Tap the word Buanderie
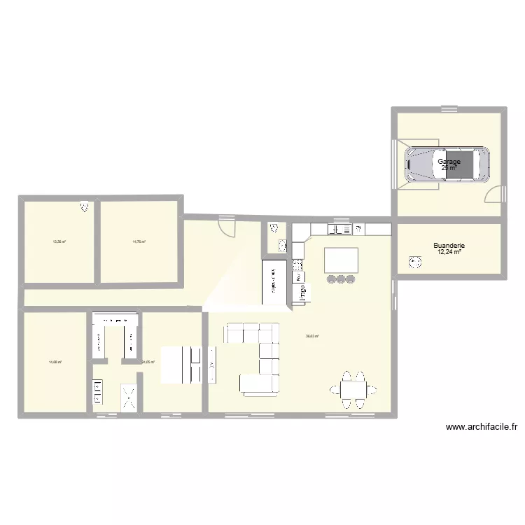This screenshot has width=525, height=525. coord(449,246)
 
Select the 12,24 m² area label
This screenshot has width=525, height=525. coord(449,253)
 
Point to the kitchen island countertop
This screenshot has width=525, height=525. coord(341,260)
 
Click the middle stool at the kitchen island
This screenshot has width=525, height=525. coord(341,279)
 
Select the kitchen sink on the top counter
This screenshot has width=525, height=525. coord(339,229)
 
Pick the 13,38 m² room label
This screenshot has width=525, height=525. coord(59,242)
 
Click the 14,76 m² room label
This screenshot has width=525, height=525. coord(139,242)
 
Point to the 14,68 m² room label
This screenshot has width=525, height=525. coord(55,362)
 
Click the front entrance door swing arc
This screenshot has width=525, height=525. coord(227,225)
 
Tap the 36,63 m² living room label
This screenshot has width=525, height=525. coord(312,336)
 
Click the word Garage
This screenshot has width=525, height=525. coord(449,162)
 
